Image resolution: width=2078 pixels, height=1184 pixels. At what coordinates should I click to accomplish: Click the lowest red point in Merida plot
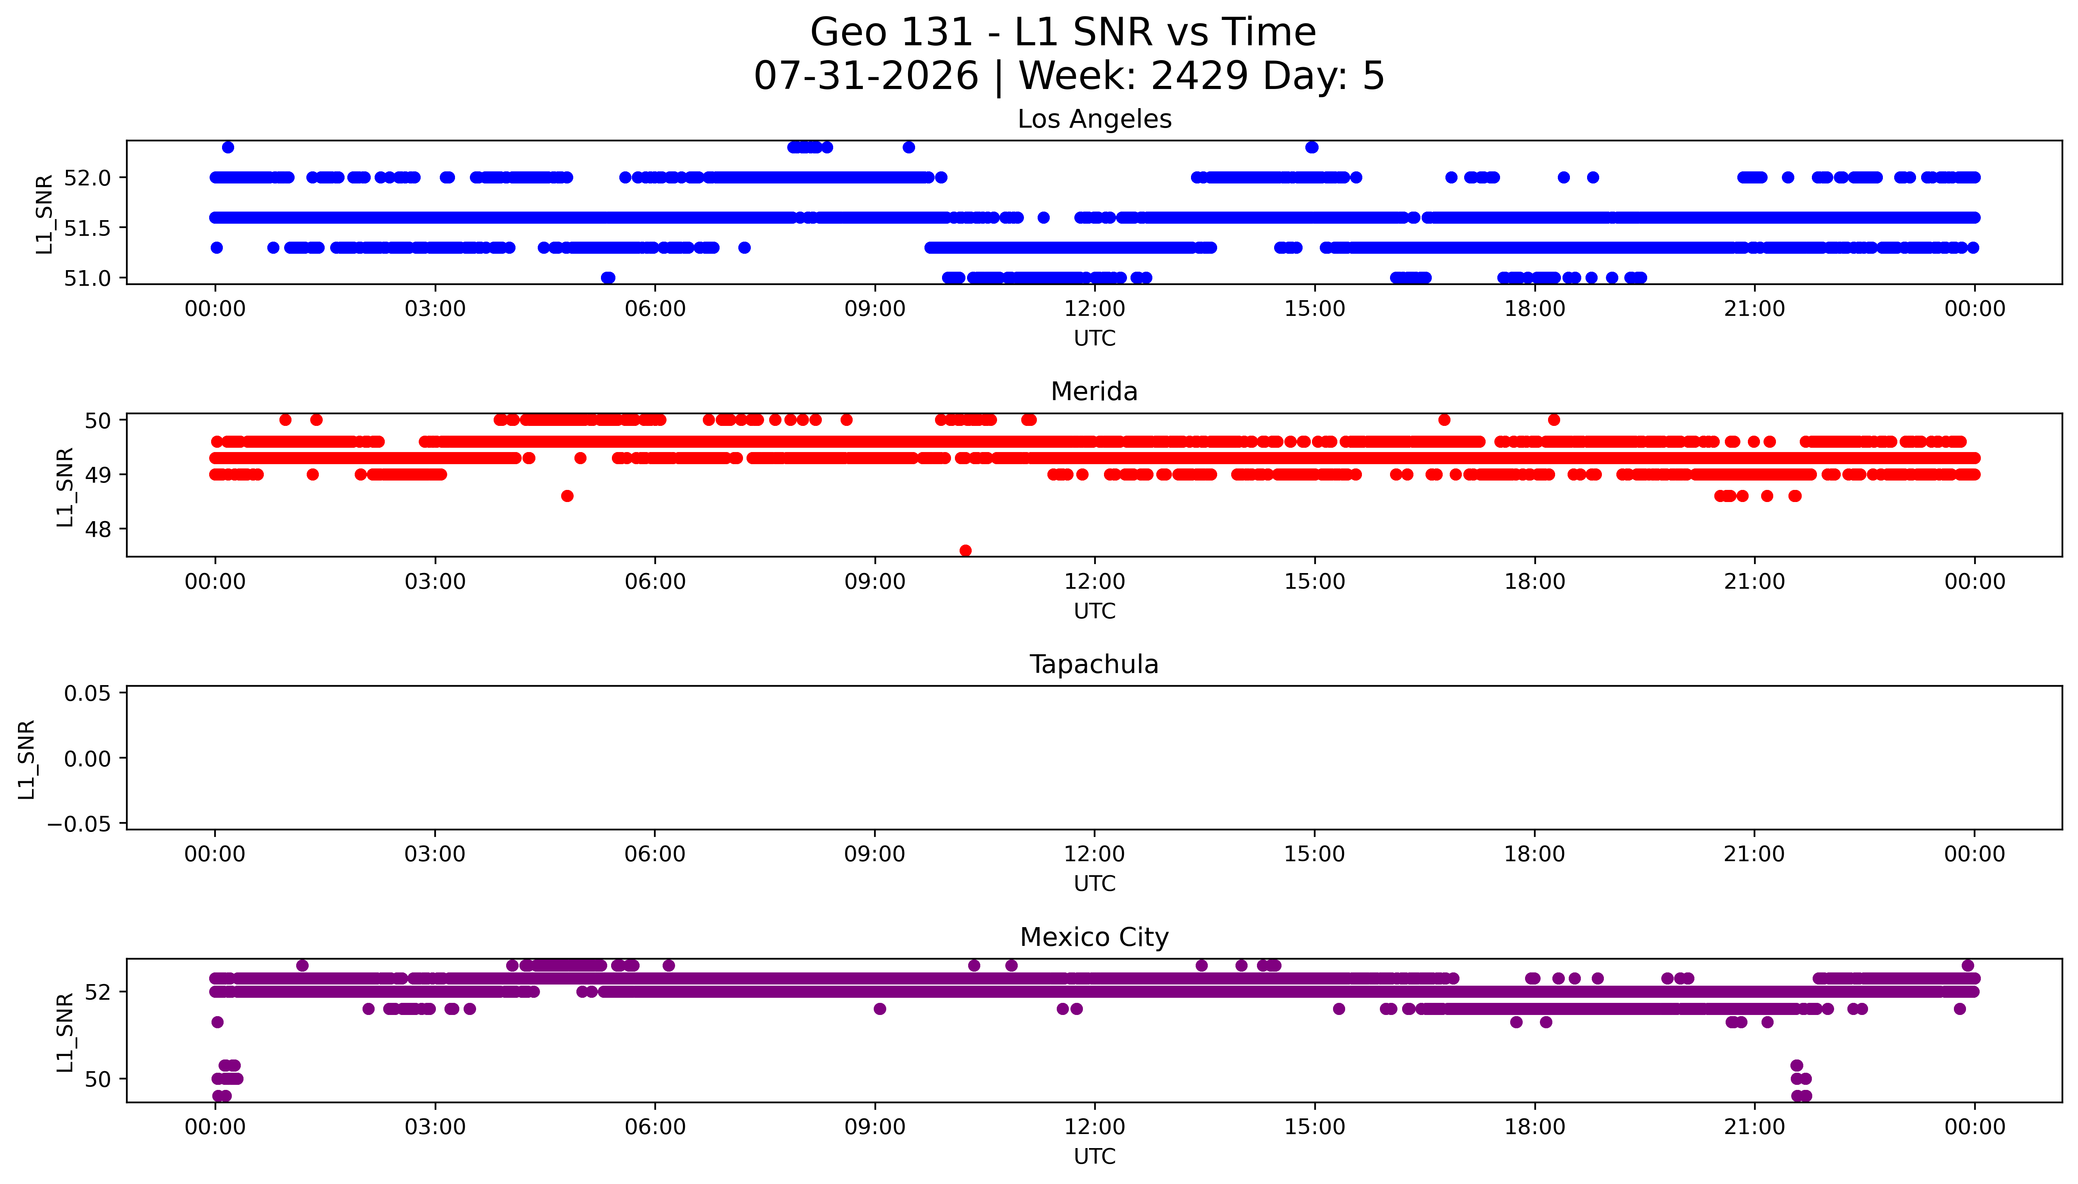[965, 550]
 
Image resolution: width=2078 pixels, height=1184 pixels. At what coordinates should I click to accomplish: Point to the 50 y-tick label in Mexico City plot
[98, 1079]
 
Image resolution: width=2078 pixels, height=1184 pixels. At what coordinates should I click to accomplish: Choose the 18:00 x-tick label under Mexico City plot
[1534, 1127]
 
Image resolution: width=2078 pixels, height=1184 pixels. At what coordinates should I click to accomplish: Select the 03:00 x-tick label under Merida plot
[435, 581]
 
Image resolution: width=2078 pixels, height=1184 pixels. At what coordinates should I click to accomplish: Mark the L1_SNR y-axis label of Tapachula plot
[27, 759]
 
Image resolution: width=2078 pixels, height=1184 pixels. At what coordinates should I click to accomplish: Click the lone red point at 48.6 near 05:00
[567, 496]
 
